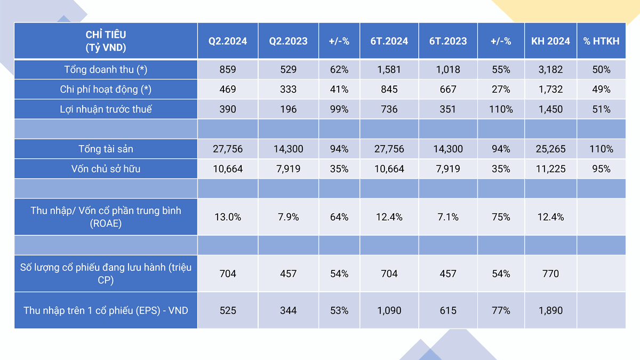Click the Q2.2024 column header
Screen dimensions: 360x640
click(x=228, y=41)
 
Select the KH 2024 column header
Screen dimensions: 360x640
click(x=550, y=41)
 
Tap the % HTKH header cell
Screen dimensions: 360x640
click(x=601, y=41)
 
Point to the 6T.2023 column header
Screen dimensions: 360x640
click(x=448, y=41)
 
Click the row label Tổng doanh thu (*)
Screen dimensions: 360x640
click(x=106, y=69)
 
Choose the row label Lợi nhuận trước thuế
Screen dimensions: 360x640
click(x=106, y=109)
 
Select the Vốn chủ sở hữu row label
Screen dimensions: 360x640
click(x=106, y=169)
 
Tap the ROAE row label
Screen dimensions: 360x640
click(x=106, y=217)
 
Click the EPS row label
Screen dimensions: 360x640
click(x=106, y=310)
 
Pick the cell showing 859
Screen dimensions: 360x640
click(x=228, y=69)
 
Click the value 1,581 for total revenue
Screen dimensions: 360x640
click(x=389, y=69)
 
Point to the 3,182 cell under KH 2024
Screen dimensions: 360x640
click(x=550, y=69)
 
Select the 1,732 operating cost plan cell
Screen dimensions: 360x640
click(x=550, y=90)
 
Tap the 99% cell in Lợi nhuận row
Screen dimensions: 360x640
click(x=339, y=109)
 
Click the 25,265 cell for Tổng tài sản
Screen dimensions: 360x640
click(x=550, y=149)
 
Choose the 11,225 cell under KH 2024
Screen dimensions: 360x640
click(x=550, y=169)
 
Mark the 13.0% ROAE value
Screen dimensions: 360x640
click(x=228, y=217)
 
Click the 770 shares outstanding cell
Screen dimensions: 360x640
click(x=550, y=274)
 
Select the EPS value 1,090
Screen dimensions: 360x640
click(x=389, y=310)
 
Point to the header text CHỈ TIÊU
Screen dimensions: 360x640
click(x=106, y=35)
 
